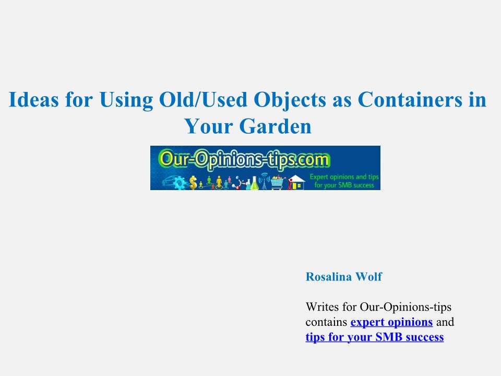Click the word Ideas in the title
point(33,99)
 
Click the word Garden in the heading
point(275,126)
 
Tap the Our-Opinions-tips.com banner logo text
point(244,159)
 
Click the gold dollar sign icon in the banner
point(193,183)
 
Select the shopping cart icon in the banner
point(277,183)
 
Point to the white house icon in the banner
point(296,183)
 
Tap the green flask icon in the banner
point(254,183)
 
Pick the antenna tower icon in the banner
point(265,182)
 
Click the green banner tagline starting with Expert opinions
point(344,181)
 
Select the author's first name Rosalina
point(328,277)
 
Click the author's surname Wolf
point(369,277)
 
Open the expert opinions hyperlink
point(392,322)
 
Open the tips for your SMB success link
point(375,337)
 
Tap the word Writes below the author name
point(322,307)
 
